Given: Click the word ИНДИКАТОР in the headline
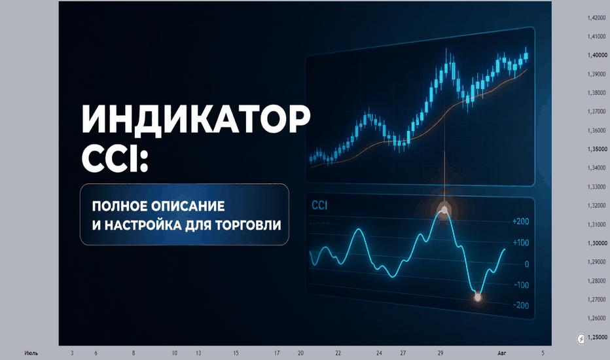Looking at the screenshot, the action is (196, 120).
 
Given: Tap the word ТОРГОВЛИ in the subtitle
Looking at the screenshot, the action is (247, 225).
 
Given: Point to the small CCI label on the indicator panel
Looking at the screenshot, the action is (319, 206).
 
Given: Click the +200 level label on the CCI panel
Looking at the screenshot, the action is (520, 221).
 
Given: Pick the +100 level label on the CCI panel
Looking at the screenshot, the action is (521, 243).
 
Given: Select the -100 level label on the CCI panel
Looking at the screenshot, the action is (522, 285).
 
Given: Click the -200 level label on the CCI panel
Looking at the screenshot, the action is (521, 306).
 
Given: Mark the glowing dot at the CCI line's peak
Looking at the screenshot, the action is (444, 211).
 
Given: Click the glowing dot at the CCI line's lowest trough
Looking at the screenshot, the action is (478, 298).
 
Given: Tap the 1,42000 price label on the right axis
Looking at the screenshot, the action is (597, 18).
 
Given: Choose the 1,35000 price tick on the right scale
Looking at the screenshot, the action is (597, 149).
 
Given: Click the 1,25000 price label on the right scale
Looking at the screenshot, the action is (597, 337).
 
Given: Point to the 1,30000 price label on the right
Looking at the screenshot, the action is (597, 243).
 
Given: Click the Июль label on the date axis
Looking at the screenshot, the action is (31, 353).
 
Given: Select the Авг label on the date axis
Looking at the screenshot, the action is (502, 353).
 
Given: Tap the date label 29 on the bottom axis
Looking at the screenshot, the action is (440, 353).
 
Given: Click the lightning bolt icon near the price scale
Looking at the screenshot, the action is (581, 339).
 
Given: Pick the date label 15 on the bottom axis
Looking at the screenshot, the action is (236, 353).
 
